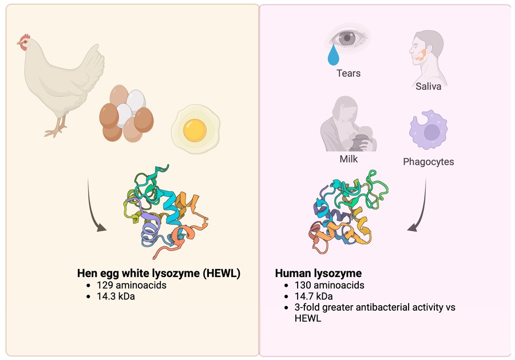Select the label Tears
click(x=348, y=73)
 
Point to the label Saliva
click(x=429, y=87)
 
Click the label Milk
click(x=348, y=159)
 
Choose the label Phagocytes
click(x=428, y=161)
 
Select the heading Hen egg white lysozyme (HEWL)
click(x=159, y=274)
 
